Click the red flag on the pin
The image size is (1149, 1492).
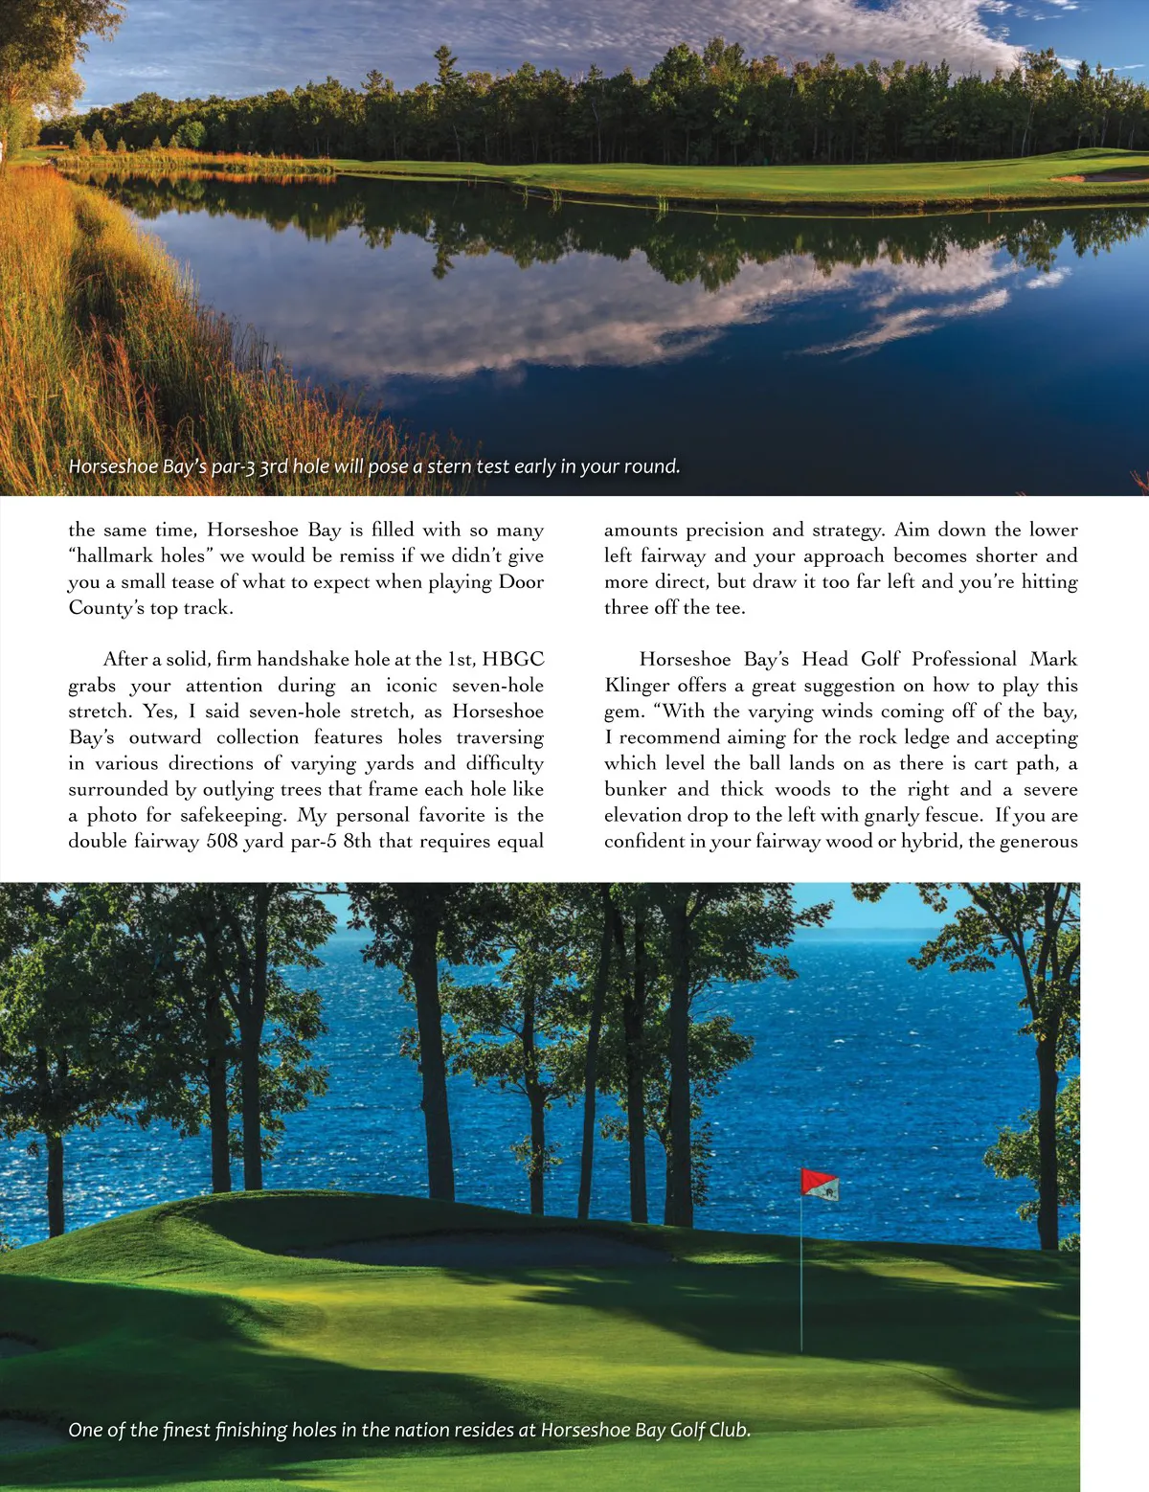(819, 1185)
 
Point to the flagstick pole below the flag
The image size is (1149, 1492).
(801, 1274)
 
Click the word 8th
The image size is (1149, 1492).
(356, 842)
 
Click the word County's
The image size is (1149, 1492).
(106, 608)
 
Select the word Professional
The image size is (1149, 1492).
(964, 659)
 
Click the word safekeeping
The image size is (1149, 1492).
(232, 816)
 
